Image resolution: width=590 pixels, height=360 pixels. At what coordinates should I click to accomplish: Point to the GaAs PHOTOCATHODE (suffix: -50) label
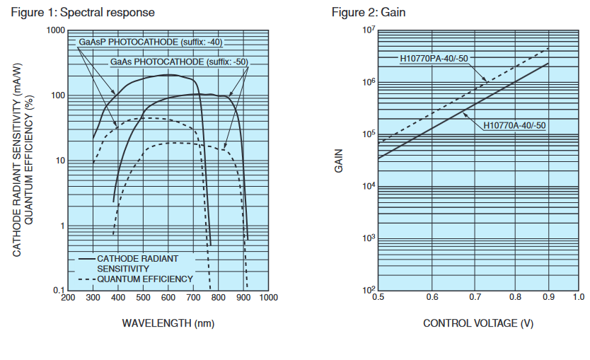[179, 62]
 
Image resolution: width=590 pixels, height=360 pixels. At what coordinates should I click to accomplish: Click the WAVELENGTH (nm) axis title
[168, 323]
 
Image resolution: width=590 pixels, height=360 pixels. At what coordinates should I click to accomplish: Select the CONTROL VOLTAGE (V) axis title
[478, 323]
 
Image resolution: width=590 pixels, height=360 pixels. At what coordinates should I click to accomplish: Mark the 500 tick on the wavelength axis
[143, 298]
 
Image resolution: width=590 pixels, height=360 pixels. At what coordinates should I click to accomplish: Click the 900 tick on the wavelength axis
[243, 298]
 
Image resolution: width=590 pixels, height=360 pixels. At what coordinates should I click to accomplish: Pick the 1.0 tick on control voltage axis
[578, 298]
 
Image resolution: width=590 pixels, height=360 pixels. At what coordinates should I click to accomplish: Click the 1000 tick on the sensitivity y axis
[55, 31]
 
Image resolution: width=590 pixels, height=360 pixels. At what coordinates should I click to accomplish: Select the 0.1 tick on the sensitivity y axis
[59, 291]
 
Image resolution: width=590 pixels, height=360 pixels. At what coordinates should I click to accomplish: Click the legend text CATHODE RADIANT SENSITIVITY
[137, 264]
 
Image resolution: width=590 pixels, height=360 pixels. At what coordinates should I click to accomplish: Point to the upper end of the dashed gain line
[549, 47]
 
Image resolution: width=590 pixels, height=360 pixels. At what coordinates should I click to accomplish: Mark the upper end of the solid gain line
[549, 64]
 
